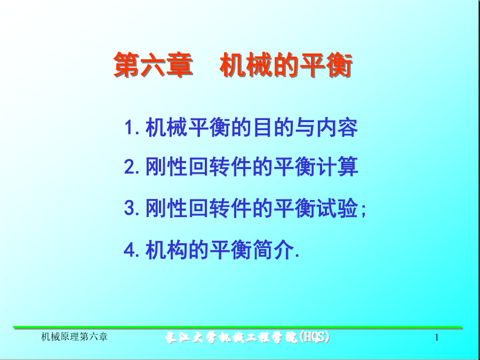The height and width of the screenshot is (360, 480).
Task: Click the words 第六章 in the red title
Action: pos(153,65)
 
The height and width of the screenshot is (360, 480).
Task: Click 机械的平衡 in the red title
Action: pos(286,65)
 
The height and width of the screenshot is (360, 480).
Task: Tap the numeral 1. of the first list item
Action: pos(132,127)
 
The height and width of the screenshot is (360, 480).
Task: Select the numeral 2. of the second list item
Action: pos(132,167)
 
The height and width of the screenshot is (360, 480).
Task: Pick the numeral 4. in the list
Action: pos(132,250)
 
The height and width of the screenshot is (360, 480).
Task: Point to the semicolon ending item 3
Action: pos(363,211)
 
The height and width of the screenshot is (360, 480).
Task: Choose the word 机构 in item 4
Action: pos(166,250)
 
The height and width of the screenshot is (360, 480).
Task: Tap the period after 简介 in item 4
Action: pos(295,257)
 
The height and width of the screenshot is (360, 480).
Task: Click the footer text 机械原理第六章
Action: pos(74,338)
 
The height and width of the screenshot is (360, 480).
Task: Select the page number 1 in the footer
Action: pos(437,338)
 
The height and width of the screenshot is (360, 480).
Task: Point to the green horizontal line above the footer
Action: pos(237,327)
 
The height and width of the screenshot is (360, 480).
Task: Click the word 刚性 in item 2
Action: pos(166,167)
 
